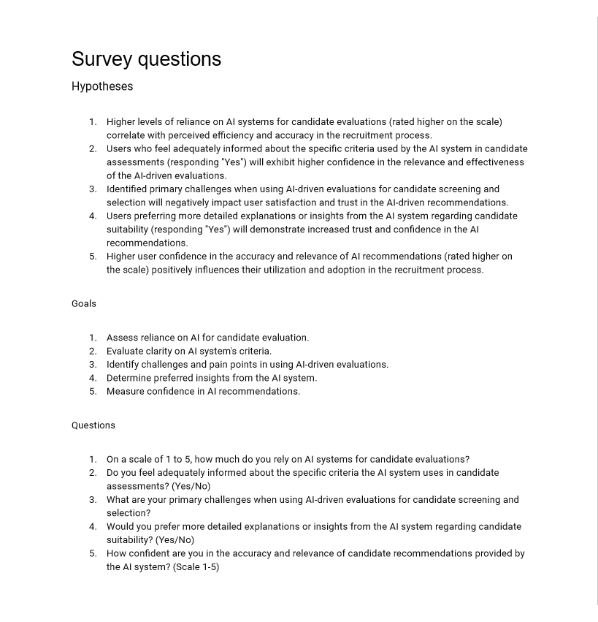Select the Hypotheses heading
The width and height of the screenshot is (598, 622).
[x=102, y=86]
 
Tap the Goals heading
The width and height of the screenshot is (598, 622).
[x=84, y=303]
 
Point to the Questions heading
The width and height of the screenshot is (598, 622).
[x=93, y=425]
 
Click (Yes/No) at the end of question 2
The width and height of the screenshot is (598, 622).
[x=191, y=486]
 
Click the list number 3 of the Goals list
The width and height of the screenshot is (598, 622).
[x=93, y=364]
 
